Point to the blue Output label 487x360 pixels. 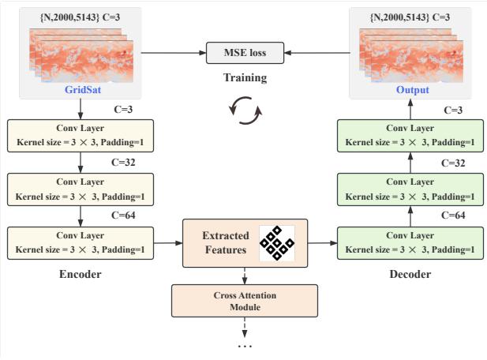[x=413, y=90]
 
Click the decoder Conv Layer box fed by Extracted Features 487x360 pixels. [x=408, y=242]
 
